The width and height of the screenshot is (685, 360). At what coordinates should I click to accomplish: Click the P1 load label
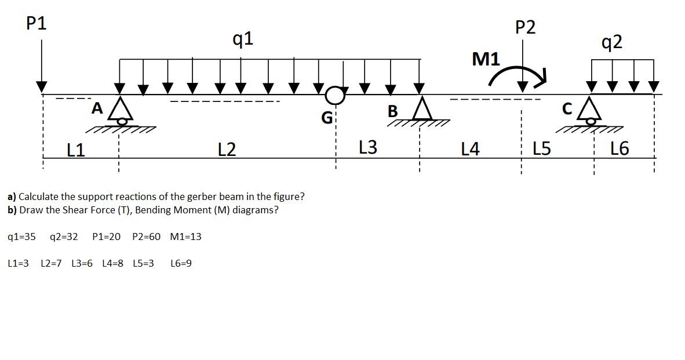click(37, 24)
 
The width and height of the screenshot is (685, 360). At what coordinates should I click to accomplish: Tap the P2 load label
click(525, 27)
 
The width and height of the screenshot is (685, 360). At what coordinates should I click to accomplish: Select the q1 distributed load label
click(243, 39)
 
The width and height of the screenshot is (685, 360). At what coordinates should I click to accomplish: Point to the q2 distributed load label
click(612, 42)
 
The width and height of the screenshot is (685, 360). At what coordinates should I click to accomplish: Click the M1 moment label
click(486, 59)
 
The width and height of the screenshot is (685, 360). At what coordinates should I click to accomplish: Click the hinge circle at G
click(334, 95)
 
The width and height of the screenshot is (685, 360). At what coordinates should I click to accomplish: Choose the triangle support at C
click(591, 108)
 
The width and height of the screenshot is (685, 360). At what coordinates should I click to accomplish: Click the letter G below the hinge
click(327, 118)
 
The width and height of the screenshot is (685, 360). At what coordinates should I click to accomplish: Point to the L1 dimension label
click(75, 150)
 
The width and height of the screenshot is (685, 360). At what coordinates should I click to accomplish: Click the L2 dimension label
click(227, 150)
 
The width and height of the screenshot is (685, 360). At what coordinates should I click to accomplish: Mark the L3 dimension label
click(367, 148)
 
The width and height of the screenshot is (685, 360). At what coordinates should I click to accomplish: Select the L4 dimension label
click(470, 150)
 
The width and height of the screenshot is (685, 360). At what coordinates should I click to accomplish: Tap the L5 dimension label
click(541, 149)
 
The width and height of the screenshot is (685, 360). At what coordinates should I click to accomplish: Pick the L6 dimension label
click(619, 149)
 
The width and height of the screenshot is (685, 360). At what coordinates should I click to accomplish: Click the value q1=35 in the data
click(22, 237)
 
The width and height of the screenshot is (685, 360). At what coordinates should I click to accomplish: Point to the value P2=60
click(146, 237)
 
